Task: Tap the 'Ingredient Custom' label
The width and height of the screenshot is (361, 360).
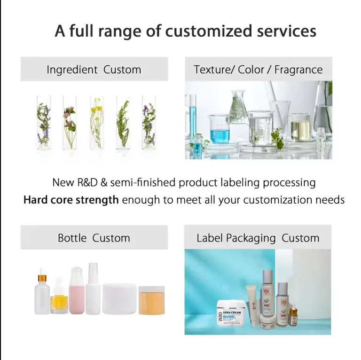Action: point(94,70)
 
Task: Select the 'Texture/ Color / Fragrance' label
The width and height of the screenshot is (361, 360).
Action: point(258,70)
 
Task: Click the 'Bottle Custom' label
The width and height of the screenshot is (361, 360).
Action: point(94,238)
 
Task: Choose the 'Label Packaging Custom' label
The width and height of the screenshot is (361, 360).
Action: point(258,238)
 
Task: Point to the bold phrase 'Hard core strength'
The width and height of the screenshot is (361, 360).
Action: point(71,200)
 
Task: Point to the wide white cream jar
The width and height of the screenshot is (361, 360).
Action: point(119,298)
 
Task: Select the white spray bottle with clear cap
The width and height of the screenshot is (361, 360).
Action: point(93,290)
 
